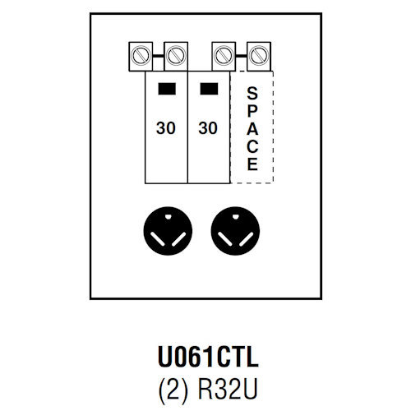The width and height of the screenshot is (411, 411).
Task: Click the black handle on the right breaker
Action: pos(209,89)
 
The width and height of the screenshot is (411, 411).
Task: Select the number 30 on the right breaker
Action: pos(209,128)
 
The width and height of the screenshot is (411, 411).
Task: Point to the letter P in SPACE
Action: pos(252,109)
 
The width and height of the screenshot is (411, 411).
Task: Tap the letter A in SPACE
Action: pos(252,127)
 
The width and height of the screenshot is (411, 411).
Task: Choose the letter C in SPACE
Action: pos(252,145)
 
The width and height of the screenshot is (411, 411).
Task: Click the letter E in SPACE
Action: pos(252,164)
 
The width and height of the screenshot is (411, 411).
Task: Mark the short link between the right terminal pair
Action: pos(240,56)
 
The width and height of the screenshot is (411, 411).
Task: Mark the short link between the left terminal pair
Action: pos(157,56)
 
